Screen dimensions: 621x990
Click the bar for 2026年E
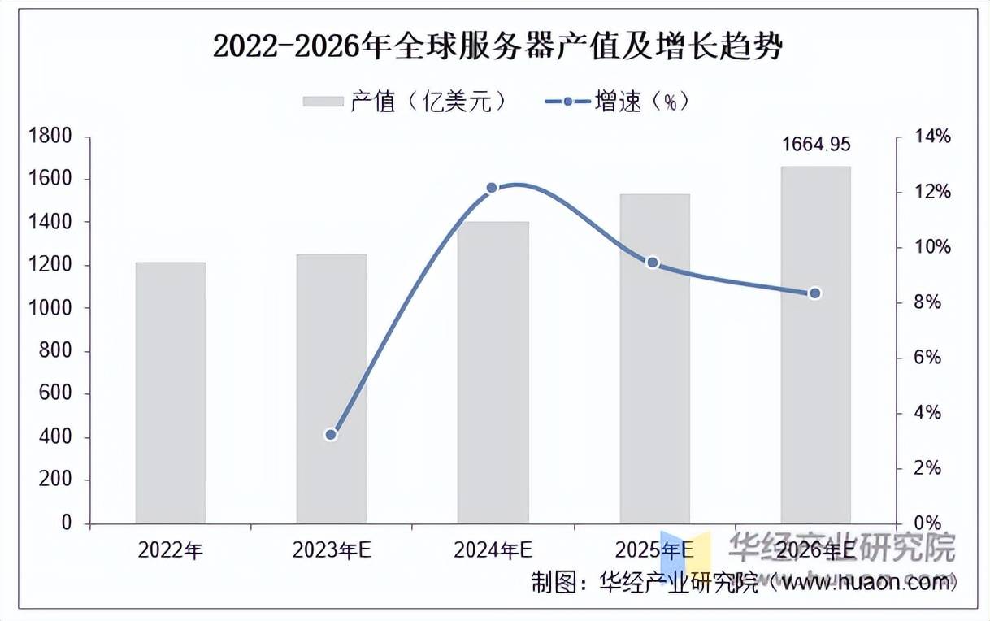(x=815, y=345)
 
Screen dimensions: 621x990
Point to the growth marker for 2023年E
(x=331, y=435)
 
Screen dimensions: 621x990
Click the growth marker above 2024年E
(x=492, y=188)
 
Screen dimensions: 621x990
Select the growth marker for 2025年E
(x=652, y=263)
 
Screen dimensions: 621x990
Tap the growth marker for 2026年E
(x=815, y=293)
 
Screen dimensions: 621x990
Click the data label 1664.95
(x=816, y=145)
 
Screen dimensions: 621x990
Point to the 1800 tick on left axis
(x=50, y=137)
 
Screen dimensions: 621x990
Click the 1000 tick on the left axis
(x=50, y=309)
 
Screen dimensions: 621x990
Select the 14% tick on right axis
(x=931, y=137)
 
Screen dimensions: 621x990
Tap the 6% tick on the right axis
(x=928, y=358)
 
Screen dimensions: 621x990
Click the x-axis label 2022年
(x=170, y=550)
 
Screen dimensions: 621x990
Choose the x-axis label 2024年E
(x=493, y=550)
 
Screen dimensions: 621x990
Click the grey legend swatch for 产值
(x=323, y=102)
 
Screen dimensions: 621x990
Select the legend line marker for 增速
(x=567, y=102)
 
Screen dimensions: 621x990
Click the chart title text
(x=497, y=46)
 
